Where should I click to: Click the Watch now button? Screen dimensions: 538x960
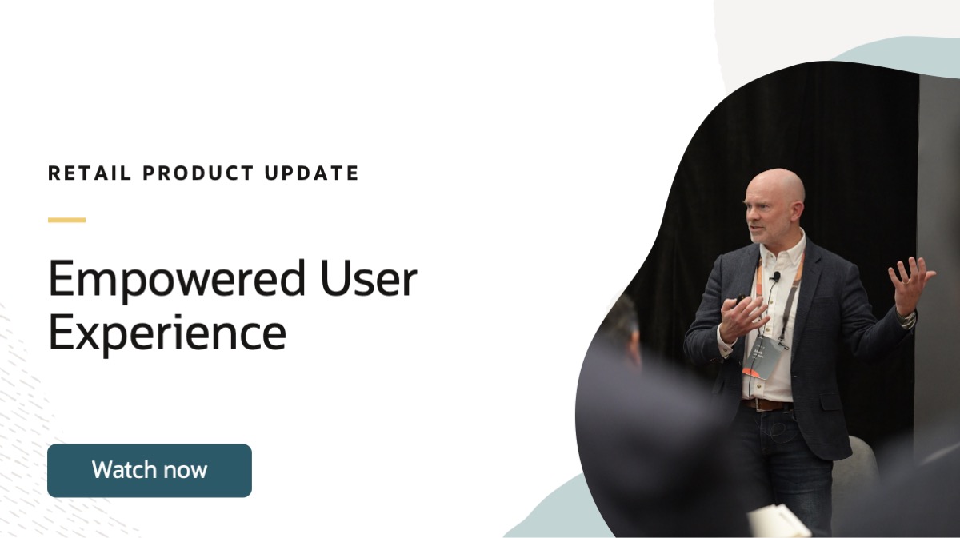point(150,470)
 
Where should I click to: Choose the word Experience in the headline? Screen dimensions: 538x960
point(167,334)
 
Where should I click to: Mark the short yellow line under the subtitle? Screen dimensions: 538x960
point(66,220)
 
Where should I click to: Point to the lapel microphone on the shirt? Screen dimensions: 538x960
point(775,277)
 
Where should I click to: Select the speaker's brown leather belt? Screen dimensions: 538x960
point(766,404)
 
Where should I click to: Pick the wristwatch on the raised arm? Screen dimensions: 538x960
point(906,319)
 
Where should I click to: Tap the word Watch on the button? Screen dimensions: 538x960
point(120,470)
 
